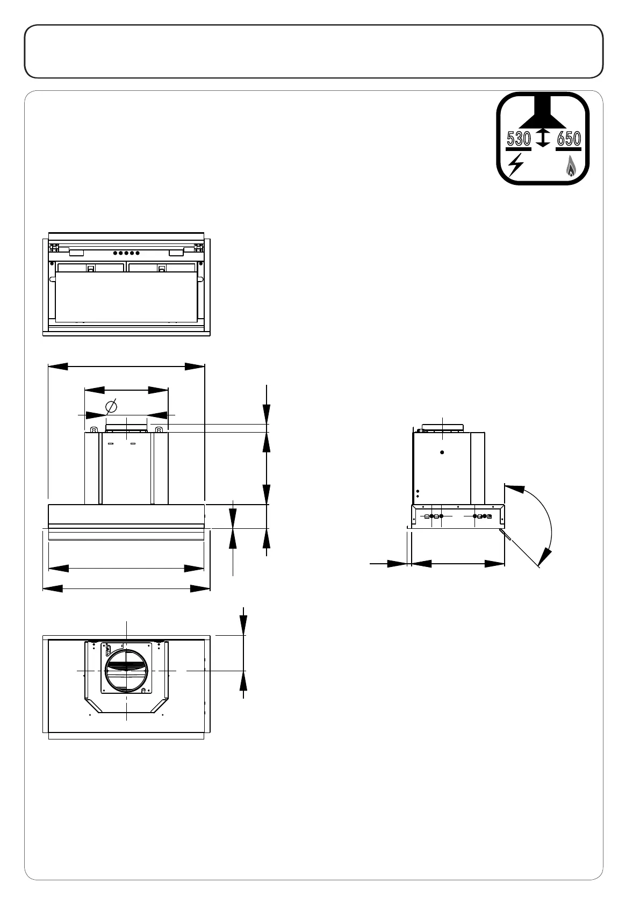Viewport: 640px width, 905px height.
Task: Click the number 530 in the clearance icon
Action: point(519,139)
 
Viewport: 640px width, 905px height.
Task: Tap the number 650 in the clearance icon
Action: point(569,139)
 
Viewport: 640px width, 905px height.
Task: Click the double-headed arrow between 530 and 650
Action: point(543,138)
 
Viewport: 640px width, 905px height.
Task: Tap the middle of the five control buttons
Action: point(127,253)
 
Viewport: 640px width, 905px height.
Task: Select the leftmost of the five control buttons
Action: point(116,253)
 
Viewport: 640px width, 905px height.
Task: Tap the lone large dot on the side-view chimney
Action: point(442,452)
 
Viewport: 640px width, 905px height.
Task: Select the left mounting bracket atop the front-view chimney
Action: point(94,429)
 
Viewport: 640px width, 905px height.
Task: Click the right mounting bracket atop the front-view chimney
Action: point(159,429)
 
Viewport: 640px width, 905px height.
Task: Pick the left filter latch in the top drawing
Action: point(91,268)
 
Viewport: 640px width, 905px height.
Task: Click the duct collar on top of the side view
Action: point(442,428)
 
